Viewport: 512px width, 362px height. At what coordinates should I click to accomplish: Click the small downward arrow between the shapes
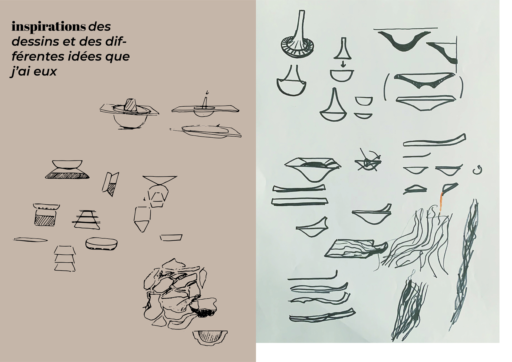coord(343,64)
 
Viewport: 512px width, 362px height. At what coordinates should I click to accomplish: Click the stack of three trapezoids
coord(65,258)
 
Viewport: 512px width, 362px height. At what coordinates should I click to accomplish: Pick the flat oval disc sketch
coord(101,244)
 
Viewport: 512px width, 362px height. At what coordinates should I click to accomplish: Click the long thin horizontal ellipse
coord(30,239)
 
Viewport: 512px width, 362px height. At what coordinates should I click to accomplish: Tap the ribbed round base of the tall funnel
coord(297,47)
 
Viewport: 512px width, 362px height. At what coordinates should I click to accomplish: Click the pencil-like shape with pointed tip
coord(142,219)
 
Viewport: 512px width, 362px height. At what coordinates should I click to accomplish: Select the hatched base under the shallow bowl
coord(67,174)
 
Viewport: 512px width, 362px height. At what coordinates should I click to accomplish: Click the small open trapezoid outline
coord(171,238)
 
